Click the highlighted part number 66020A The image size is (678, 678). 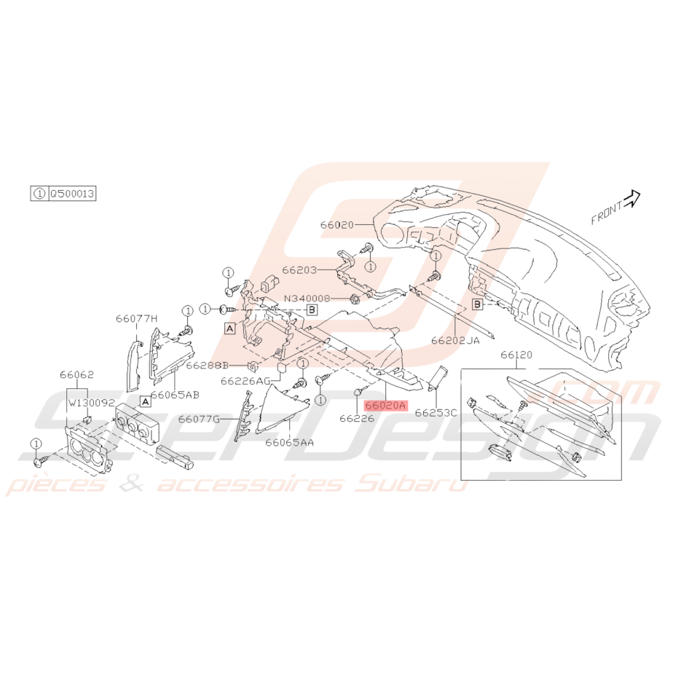[x=386, y=406]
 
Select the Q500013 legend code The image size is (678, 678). [x=72, y=193]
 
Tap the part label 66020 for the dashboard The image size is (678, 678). [x=337, y=225]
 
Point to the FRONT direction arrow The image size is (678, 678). [x=631, y=199]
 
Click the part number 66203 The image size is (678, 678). [x=299, y=269]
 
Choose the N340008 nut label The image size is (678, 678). [x=307, y=299]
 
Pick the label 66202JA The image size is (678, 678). [x=455, y=340]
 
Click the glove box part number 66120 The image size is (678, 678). [x=516, y=355]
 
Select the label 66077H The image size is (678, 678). [x=137, y=319]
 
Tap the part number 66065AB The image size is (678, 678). [x=175, y=395]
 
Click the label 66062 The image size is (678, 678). [x=76, y=374]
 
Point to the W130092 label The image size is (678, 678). [x=91, y=403]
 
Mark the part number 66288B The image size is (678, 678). [x=207, y=366]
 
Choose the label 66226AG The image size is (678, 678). [x=245, y=381]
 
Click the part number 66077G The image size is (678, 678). [x=200, y=419]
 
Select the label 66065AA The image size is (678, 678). [x=289, y=442]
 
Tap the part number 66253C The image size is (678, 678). [x=435, y=413]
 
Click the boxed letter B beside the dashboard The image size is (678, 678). [x=477, y=304]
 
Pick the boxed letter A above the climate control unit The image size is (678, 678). [x=146, y=402]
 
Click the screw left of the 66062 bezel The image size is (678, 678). [x=39, y=462]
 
